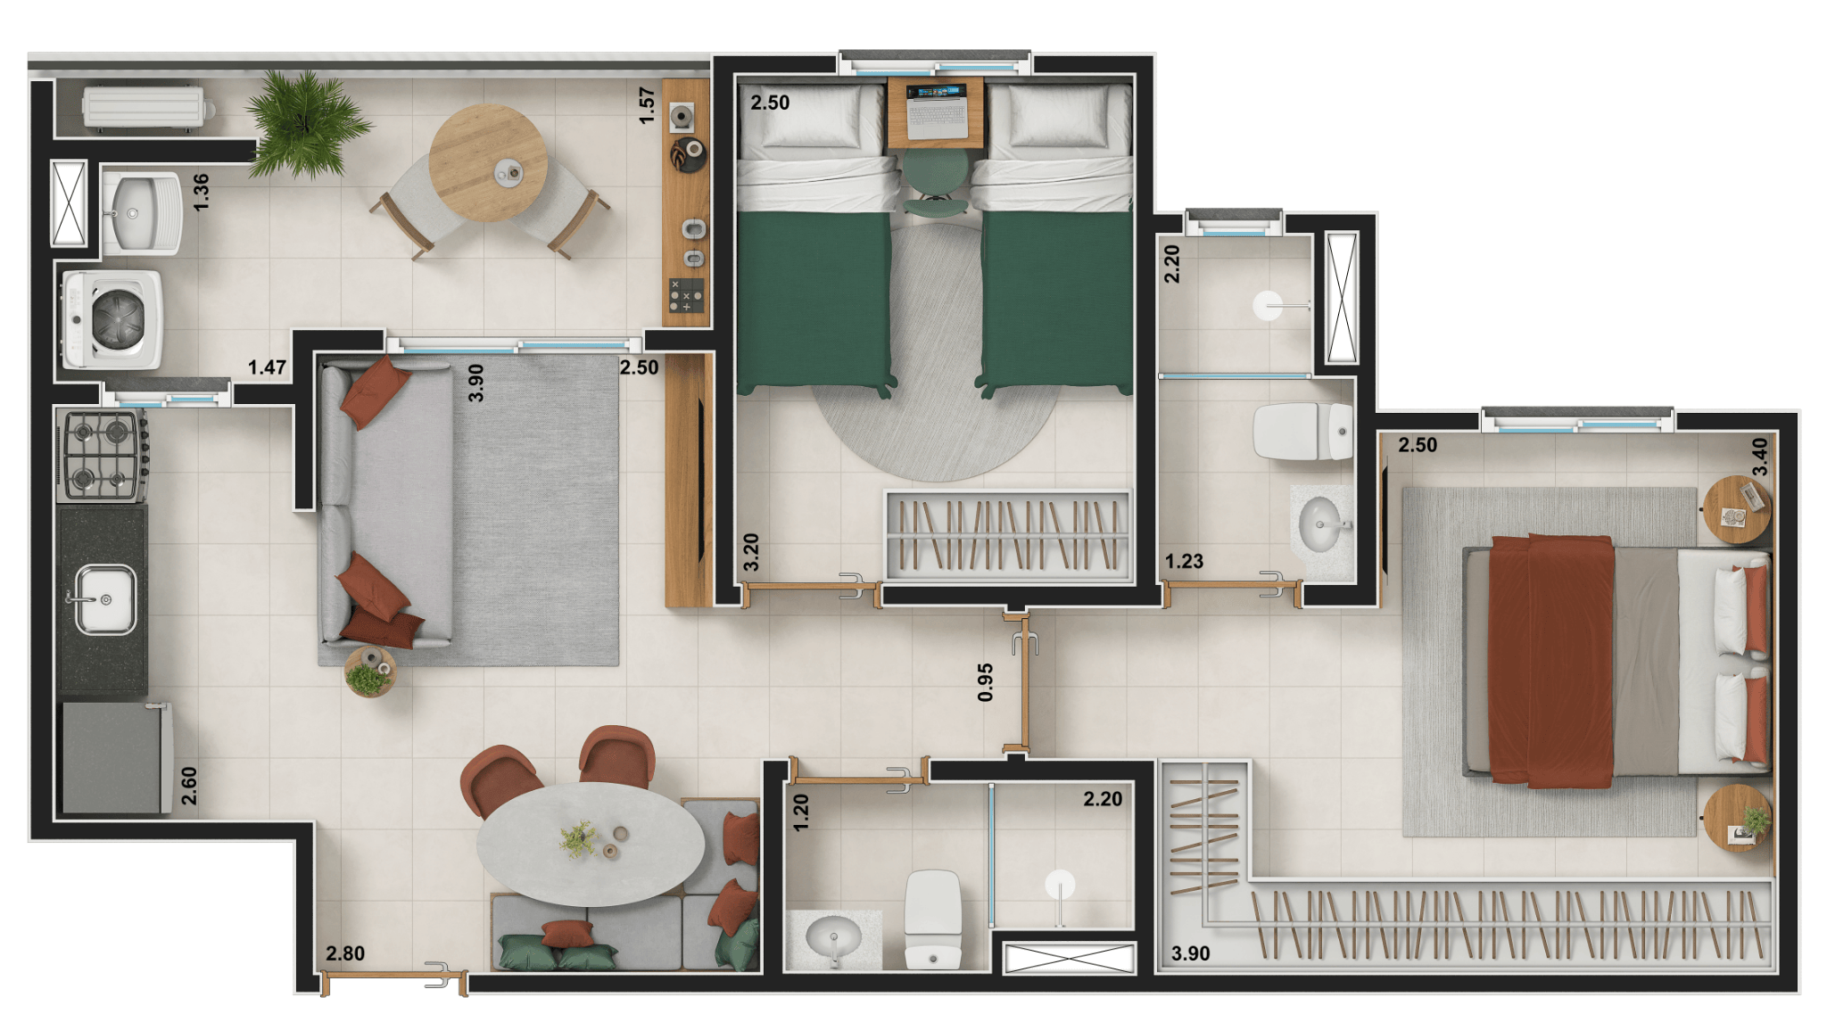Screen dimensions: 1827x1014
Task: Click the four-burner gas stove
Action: point(103,456)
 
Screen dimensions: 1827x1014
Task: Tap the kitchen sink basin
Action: point(105,599)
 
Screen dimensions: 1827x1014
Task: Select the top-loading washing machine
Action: point(112,320)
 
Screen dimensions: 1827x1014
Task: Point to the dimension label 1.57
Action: point(648,105)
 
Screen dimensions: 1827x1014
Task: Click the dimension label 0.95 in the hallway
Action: point(985,682)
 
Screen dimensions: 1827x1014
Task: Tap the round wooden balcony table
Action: point(488,163)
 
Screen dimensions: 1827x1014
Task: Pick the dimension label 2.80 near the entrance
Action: point(345,953)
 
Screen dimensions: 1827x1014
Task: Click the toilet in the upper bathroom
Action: point(1302,432)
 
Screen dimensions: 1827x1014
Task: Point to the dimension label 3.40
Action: point(1759,457)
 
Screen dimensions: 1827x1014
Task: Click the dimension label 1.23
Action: point(1184,561)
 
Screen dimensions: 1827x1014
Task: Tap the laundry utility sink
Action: point(142,214)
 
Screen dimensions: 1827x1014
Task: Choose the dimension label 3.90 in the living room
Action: point(476,383)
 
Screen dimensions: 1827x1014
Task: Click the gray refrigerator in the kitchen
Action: point(117,757)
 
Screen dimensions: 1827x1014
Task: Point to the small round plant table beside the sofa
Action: point(370,672)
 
